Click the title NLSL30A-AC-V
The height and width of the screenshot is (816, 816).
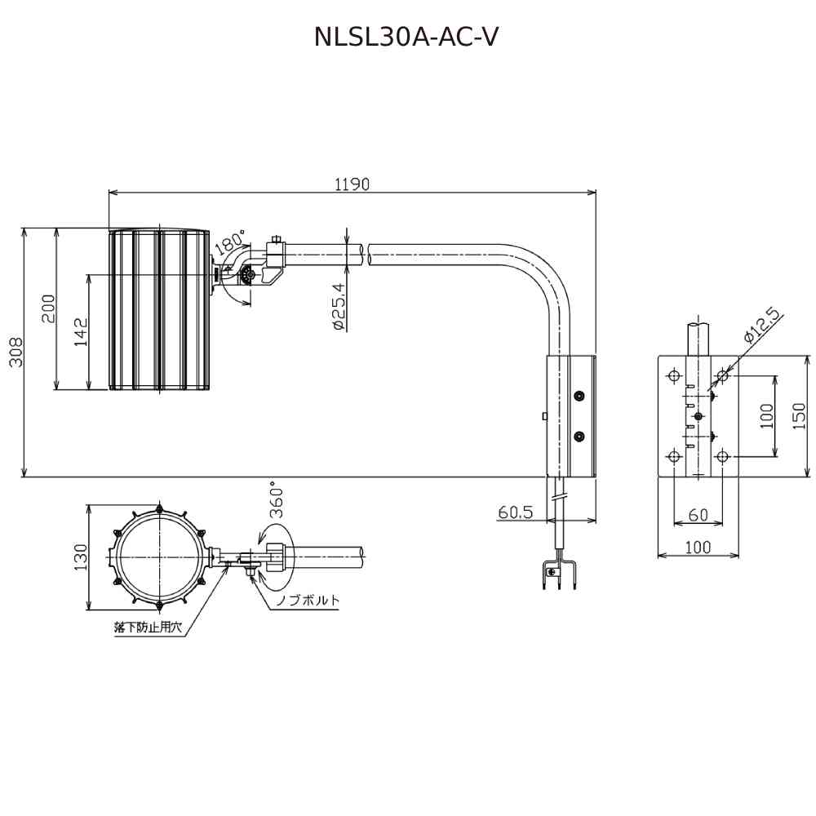click(406, 37)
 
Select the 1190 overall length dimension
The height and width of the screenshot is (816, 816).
click(352, 184)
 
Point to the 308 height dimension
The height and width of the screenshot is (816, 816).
click(16, 352)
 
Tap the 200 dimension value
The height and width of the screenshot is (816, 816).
click(48, 308)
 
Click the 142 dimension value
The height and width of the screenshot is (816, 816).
click(80, 332)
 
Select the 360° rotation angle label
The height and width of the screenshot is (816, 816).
click(277, 500)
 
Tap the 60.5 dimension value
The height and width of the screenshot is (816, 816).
click(515, 512)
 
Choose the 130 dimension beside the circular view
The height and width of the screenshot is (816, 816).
click(80, 557)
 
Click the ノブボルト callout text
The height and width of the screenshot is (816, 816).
click(307, 601)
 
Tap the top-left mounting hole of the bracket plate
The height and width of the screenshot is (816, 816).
click(674, 376)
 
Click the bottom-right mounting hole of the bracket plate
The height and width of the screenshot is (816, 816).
click(722, 456)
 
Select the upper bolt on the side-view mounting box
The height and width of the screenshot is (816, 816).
click(579, 397)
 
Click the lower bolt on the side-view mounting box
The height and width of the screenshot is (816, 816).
click(579, 437)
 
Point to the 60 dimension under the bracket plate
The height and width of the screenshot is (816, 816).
click(698, 515)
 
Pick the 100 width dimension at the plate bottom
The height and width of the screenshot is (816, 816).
click(698, 548)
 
